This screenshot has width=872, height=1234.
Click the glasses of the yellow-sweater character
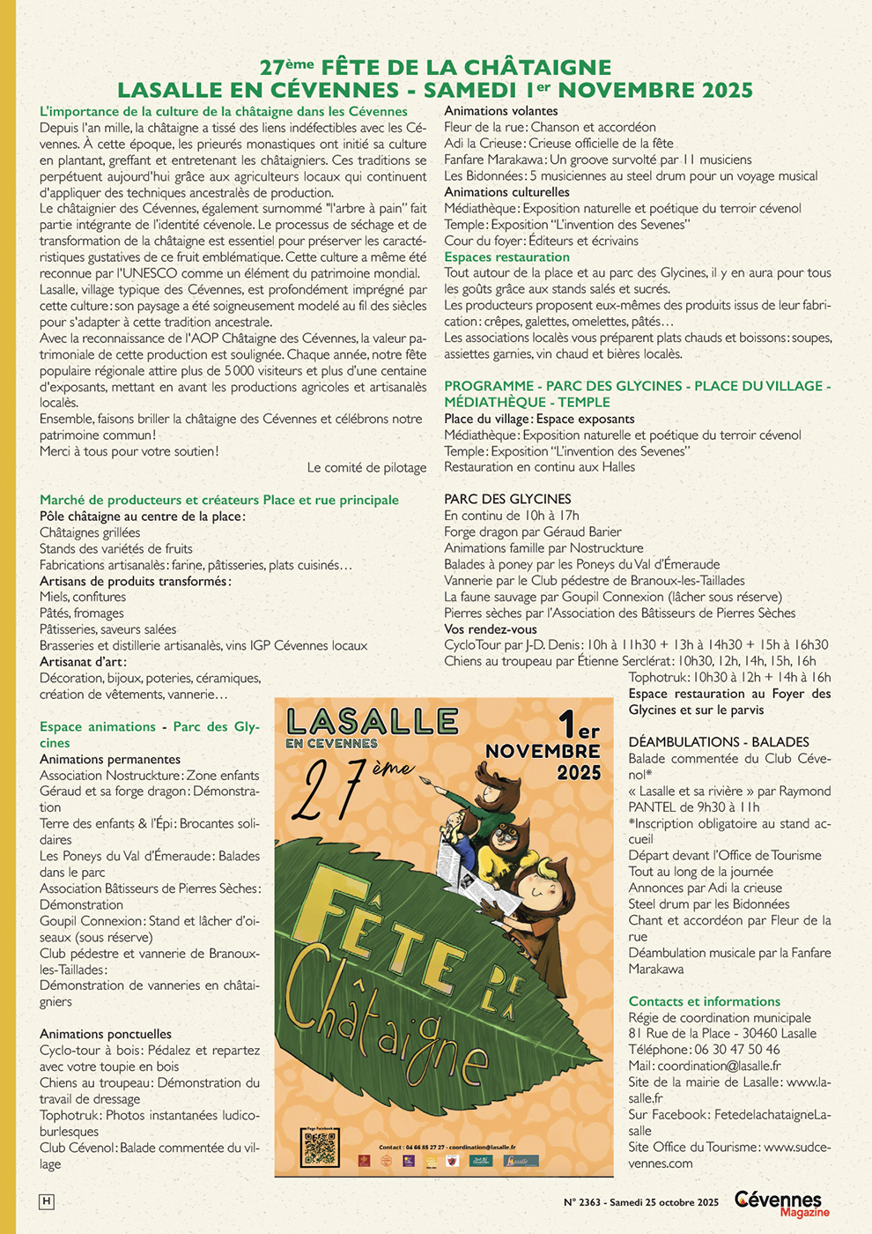504,836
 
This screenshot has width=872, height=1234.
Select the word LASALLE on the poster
372,722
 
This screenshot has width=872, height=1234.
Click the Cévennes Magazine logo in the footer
781,1203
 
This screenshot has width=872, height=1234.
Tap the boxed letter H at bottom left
46,1201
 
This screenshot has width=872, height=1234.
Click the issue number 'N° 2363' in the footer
582,1202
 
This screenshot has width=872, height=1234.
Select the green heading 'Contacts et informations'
704,1001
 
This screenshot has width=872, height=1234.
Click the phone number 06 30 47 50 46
735,1050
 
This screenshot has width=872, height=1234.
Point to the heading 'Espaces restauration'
506,257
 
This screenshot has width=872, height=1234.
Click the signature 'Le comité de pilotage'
366,468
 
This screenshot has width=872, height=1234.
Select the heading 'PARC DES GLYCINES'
507,499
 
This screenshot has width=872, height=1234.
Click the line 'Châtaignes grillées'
90,532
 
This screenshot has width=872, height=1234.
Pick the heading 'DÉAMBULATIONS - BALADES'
718,742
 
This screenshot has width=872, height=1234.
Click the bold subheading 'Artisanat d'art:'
83,662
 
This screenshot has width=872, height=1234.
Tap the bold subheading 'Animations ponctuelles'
106,1034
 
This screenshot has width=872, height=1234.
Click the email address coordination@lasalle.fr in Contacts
719,1066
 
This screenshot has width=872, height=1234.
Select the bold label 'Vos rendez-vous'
490,629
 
